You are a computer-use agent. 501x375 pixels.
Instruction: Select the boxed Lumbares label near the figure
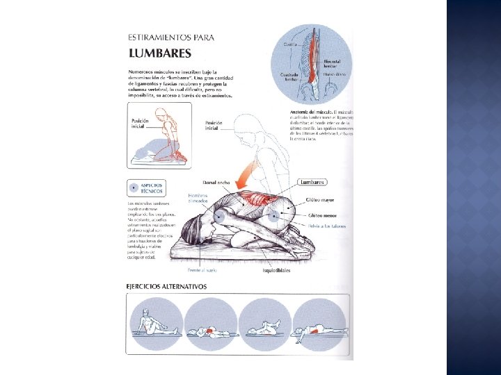point(312,182)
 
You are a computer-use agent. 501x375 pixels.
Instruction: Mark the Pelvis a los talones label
point(324,226)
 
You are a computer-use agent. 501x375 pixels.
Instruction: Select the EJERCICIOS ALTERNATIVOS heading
point(166,286)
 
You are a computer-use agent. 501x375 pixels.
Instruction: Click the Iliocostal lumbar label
point(333,64)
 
